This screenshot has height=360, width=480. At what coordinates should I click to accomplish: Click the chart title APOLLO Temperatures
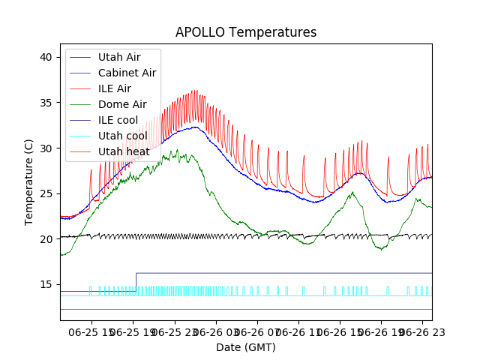click(246, 32)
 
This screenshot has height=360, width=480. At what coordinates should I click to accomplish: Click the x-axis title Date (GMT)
click(246, 347)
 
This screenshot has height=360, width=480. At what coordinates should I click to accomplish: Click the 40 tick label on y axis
click(46, 57)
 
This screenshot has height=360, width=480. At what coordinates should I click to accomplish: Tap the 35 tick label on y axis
click(46, 103)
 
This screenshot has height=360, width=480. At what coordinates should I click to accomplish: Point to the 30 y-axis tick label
click(46, 148)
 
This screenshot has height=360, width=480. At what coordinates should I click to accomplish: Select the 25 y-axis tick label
click(46, 193)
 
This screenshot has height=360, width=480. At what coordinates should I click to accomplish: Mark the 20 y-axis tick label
click(46, 239)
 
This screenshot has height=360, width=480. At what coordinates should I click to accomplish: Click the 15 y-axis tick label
click(46, 285)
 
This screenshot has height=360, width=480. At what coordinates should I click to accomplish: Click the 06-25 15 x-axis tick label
click(91, 331)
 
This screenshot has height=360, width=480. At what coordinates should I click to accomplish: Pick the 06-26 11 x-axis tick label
click(298, 331)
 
